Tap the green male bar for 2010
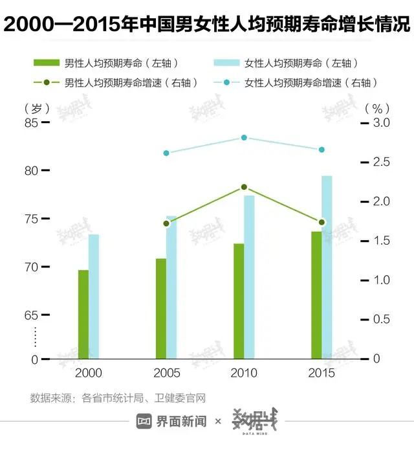[239, 301]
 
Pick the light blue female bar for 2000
[94, 297]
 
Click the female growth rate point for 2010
[244, 138]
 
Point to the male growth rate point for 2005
[166, 223]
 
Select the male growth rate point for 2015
[321, 222]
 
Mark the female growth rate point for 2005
[166, 153]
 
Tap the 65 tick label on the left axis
[31, 315]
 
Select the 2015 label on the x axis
[321, 374]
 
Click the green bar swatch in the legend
[46, 63]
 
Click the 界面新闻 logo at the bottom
[171, 422]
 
